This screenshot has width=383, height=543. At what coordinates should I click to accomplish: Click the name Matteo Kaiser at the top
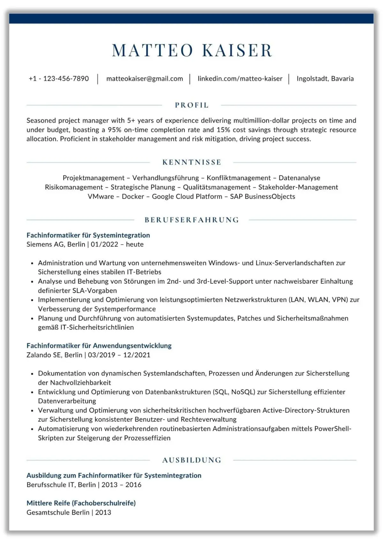pos(192,50)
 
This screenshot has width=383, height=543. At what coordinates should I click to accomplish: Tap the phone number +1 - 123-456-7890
pos(59,79)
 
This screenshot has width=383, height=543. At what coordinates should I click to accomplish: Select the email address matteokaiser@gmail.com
pos(145,79)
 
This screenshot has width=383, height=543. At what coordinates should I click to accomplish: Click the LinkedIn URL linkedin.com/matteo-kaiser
pos(240,79)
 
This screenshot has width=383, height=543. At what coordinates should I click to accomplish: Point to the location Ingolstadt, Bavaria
pos(325,79)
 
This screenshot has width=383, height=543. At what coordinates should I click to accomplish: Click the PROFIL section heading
pos(192,105)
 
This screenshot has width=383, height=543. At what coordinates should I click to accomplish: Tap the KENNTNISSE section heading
pos(192,162)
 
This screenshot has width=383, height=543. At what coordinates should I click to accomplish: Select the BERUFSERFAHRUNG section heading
pos(192,220)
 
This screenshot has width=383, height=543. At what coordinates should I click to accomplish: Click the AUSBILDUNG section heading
pos(192,460)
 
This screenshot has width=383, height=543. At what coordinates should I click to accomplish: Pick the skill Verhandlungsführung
pos(166,178)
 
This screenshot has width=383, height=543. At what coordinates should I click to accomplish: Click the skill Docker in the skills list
pos(133,196)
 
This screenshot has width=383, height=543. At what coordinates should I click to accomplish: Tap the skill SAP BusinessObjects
pos(262,196)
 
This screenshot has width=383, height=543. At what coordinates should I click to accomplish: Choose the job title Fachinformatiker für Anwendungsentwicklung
pos(99,346)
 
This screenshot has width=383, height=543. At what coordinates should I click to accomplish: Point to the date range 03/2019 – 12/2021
pos(119,355)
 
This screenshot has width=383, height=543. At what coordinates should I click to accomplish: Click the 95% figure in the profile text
pos(115,130)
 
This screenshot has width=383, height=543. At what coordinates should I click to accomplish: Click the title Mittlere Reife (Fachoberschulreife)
pos(81,503)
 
